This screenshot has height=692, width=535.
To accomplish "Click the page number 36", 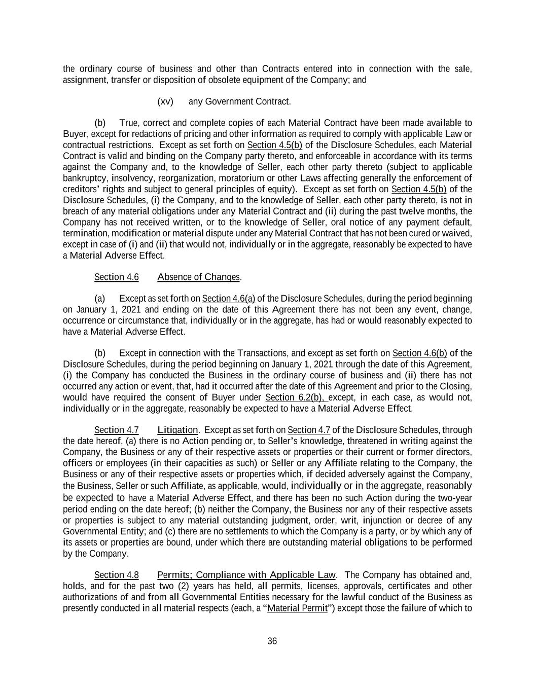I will (x=272, y=641).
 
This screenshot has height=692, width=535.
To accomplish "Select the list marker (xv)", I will (x=165, y=101).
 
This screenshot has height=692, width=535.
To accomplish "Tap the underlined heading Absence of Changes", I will (x=199, y=277).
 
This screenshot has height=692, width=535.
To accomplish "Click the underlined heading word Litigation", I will (x=177, y=430).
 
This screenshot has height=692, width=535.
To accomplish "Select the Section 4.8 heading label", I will (x=117, y=575).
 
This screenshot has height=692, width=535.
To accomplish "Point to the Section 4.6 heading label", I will (x=117, y=277).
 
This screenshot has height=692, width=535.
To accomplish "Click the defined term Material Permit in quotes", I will (x=297, y=608).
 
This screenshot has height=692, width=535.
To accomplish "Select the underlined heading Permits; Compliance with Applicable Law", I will (x=246, y=575).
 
